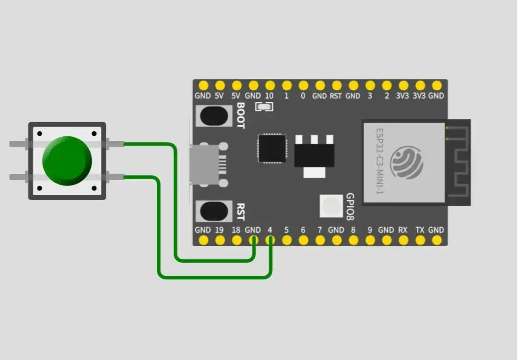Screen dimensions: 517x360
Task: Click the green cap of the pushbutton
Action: [x=67, y=161]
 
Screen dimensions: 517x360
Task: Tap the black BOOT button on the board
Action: [x=214, y=116]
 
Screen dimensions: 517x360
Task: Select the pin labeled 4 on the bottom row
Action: [x=270, y=240]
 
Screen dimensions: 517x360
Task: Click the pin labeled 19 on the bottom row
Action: [x=220, y=240]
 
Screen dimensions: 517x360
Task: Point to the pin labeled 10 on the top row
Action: [x=270, y=86]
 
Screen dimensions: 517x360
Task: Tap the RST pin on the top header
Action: [x=337, y=86]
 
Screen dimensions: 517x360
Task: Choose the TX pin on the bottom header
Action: [x=420, y=240]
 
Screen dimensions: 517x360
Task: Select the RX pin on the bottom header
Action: [x=403, y=240]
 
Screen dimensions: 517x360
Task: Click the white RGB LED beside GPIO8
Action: [x=331, y=206]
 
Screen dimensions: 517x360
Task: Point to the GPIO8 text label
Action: [x=350, y=207]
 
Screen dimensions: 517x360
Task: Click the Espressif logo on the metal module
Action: [x=407, y=163]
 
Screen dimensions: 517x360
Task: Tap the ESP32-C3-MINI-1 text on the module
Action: [x=379, y=161]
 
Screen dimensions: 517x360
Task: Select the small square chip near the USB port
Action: [x=272, y=149]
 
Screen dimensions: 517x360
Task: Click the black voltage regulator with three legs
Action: [x=314, y=156]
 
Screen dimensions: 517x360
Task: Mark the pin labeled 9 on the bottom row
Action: [x=370, y=240]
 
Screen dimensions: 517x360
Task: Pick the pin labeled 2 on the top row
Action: [x=387, y=86]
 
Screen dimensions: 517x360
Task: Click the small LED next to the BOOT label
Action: [x=264, y=107]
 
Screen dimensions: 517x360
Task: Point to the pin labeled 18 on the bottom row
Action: [x=237, y=240]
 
